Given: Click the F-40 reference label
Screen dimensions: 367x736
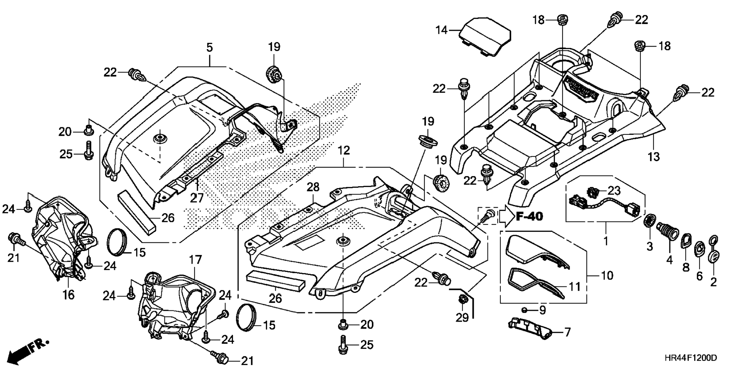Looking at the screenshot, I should point(529,217).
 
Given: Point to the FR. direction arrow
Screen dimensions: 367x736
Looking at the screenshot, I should point(28,350).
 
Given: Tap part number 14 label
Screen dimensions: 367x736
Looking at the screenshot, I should point(441,30).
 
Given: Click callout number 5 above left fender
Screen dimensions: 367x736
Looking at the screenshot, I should point(209,48).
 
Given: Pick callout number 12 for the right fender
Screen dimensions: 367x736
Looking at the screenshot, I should point(344,150).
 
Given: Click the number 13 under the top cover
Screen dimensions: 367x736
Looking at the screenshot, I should point(653,156).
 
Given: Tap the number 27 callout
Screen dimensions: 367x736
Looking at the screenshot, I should point(197,198).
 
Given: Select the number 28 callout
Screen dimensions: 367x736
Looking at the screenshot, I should point(313,187).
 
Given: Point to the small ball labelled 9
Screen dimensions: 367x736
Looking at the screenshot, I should point(524,310).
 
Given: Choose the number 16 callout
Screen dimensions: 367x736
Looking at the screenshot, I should point(69,294).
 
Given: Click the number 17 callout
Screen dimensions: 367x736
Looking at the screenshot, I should point(195,260).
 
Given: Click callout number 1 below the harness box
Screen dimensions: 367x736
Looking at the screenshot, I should point(605,241).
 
